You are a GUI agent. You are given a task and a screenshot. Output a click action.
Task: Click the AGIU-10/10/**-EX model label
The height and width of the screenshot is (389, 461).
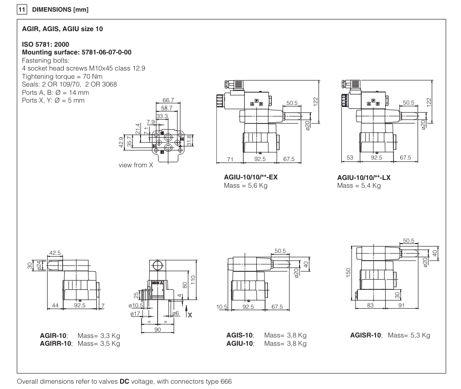click(x=248, y=177)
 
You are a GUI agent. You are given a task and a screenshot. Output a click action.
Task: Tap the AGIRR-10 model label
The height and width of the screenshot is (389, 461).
click(x=55, y=344)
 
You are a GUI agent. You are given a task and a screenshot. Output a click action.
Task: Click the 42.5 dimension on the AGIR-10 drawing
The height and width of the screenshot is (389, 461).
click(x=55, y=253)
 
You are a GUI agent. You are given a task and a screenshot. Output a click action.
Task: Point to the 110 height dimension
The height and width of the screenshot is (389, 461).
click(x=195, y=280)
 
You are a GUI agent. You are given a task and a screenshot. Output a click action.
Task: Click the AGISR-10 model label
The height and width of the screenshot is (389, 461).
click(x=367, y=336)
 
